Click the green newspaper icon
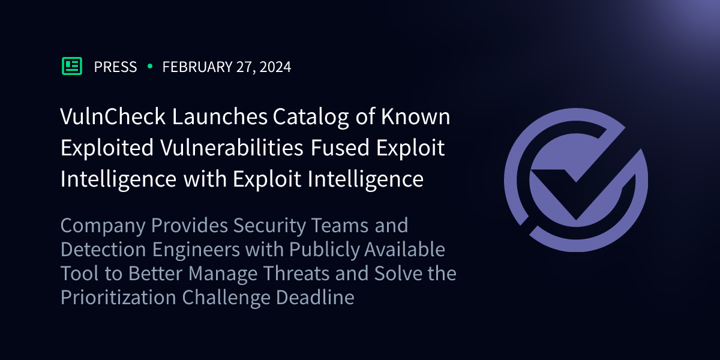pyautogui.click(x=72, y=66)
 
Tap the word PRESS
pyautogui.click(x=115, y=67)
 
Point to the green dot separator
pyautogui.click(x=150, y=66)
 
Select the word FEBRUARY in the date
pyautogui.click(x=197, y=67)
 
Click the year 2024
pyautogui.click(x=275, y=67)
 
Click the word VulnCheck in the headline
pyautogui.click(x=113, y=116)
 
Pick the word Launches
pyautogui.click(x=220, y=116)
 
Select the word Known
pyautogui.click(x=416, y=116)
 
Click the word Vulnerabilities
pyautogui.click(x=232, y=147)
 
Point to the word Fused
pyautogui.click(x=340, y=147)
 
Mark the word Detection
pyautogui.click(x=103, y=250)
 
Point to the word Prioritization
pyautogui.click(x=118, y=297)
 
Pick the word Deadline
pyautogui.click(x=315, y=297)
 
